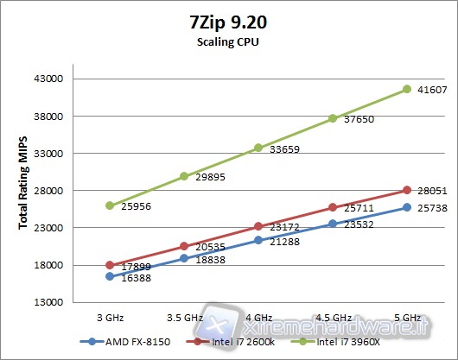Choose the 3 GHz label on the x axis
[x=110, y=317]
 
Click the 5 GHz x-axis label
[x=407, y=317]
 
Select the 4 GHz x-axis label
[x=258, y=317]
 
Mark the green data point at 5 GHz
[x=407, y=89]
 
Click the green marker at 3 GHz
[x=110, y=205]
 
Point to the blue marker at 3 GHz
[x=110, y=276]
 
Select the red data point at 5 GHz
[x=407, y=190]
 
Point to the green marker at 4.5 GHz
[x=333, y=118]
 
